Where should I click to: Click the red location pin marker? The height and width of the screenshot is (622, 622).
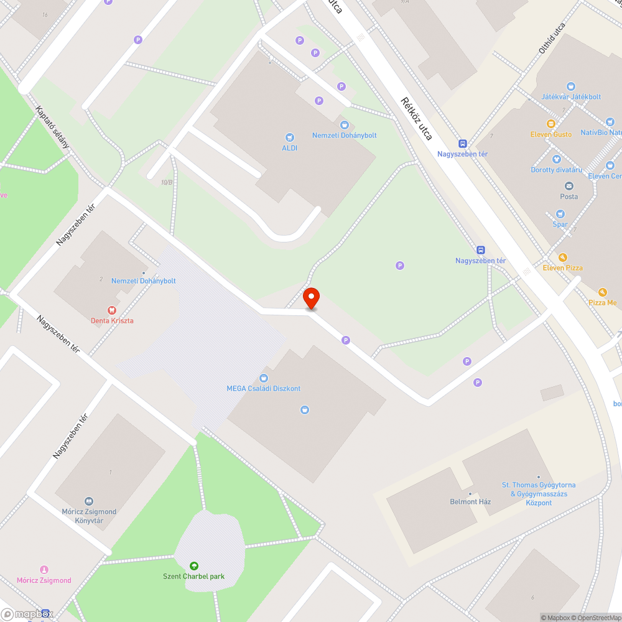coord(311,298)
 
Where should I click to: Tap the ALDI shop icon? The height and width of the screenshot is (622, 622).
coord(289,137)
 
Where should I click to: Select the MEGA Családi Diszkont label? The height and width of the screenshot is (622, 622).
coord(263,388)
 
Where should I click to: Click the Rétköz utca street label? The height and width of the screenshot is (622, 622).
coord(416,118)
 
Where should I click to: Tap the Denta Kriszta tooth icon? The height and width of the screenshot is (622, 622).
coord(112,309)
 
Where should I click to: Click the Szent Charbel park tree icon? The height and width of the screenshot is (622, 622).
coord(194,565)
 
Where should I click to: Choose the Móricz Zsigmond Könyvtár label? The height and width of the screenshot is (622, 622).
coord(89,516)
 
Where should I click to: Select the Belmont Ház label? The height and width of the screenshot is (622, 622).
coord(471,501)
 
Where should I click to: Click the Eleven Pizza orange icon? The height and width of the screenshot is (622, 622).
coord(562,258)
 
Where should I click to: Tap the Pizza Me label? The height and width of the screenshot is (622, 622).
coord(602,302)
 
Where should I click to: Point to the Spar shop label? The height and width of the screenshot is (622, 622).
coord(560,224)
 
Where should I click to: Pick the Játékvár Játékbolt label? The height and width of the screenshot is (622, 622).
coord(571,96)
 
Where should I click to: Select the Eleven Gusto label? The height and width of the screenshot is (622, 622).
coord(550,134)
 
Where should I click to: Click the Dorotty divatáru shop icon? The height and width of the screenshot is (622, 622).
coord(557,160)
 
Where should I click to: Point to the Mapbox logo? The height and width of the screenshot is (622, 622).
coord(27,614)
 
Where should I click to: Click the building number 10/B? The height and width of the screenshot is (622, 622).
coord(166,182)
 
